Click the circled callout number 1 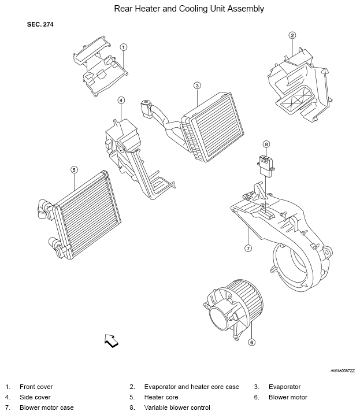[x=124, y=47]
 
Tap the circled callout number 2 [x=292, y=35]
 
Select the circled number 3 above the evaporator [x=197, y=86]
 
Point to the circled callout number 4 [x=121, y=101]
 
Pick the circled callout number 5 [x=75, y=170]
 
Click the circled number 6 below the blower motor [x=251, y=342]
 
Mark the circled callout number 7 [x=248, y=249]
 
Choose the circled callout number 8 [x=266, y=144]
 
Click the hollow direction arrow [x=112, y=340]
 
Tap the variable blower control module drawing [x=266, y=166]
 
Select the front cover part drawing [x=101, y=66]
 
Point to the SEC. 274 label [x=40, y=24]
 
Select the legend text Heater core [x=161, y=397]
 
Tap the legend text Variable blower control [x=177, y=407]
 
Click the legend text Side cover [x=35, y=397]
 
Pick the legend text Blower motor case [x=47, y=407]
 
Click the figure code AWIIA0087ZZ [x=343, y=371]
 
